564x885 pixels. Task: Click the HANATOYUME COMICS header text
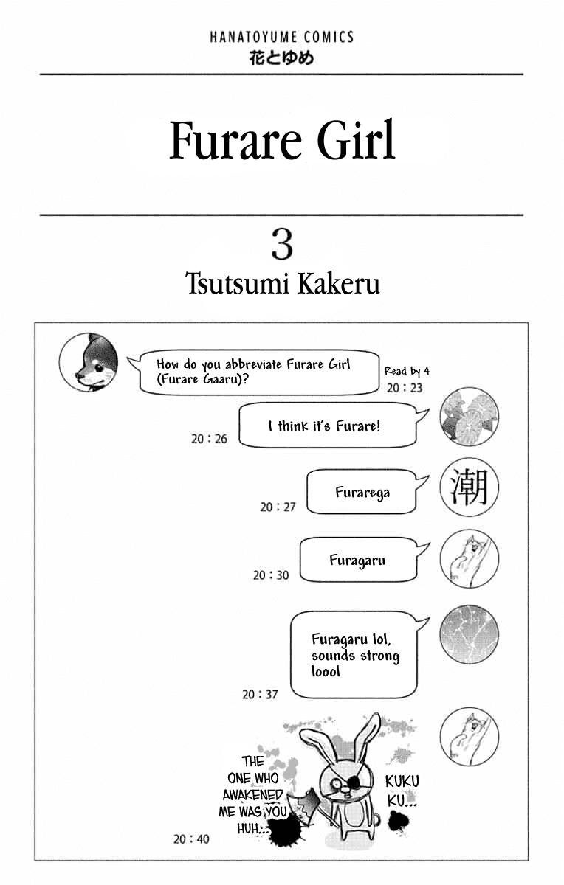click(281, 37)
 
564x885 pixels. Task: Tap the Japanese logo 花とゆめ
click(281, 58)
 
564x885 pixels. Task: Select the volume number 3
click(282, 245)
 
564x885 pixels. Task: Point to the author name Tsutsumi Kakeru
click(283, 283)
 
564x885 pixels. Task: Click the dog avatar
click(89, 362)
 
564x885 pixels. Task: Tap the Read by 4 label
click(407, 371)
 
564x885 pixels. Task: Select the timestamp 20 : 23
click(405, 388)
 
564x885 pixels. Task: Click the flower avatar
click(470, 417)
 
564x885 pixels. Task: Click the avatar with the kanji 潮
click(470, 487)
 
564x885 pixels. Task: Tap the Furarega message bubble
click(362, 492)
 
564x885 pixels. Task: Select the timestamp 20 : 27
click(278, 507)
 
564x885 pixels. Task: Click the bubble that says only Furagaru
click(358, 560)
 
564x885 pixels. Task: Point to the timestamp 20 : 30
click(271, 575)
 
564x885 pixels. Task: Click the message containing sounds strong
click(354, 655)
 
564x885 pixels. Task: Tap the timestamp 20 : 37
click(260, 694)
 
